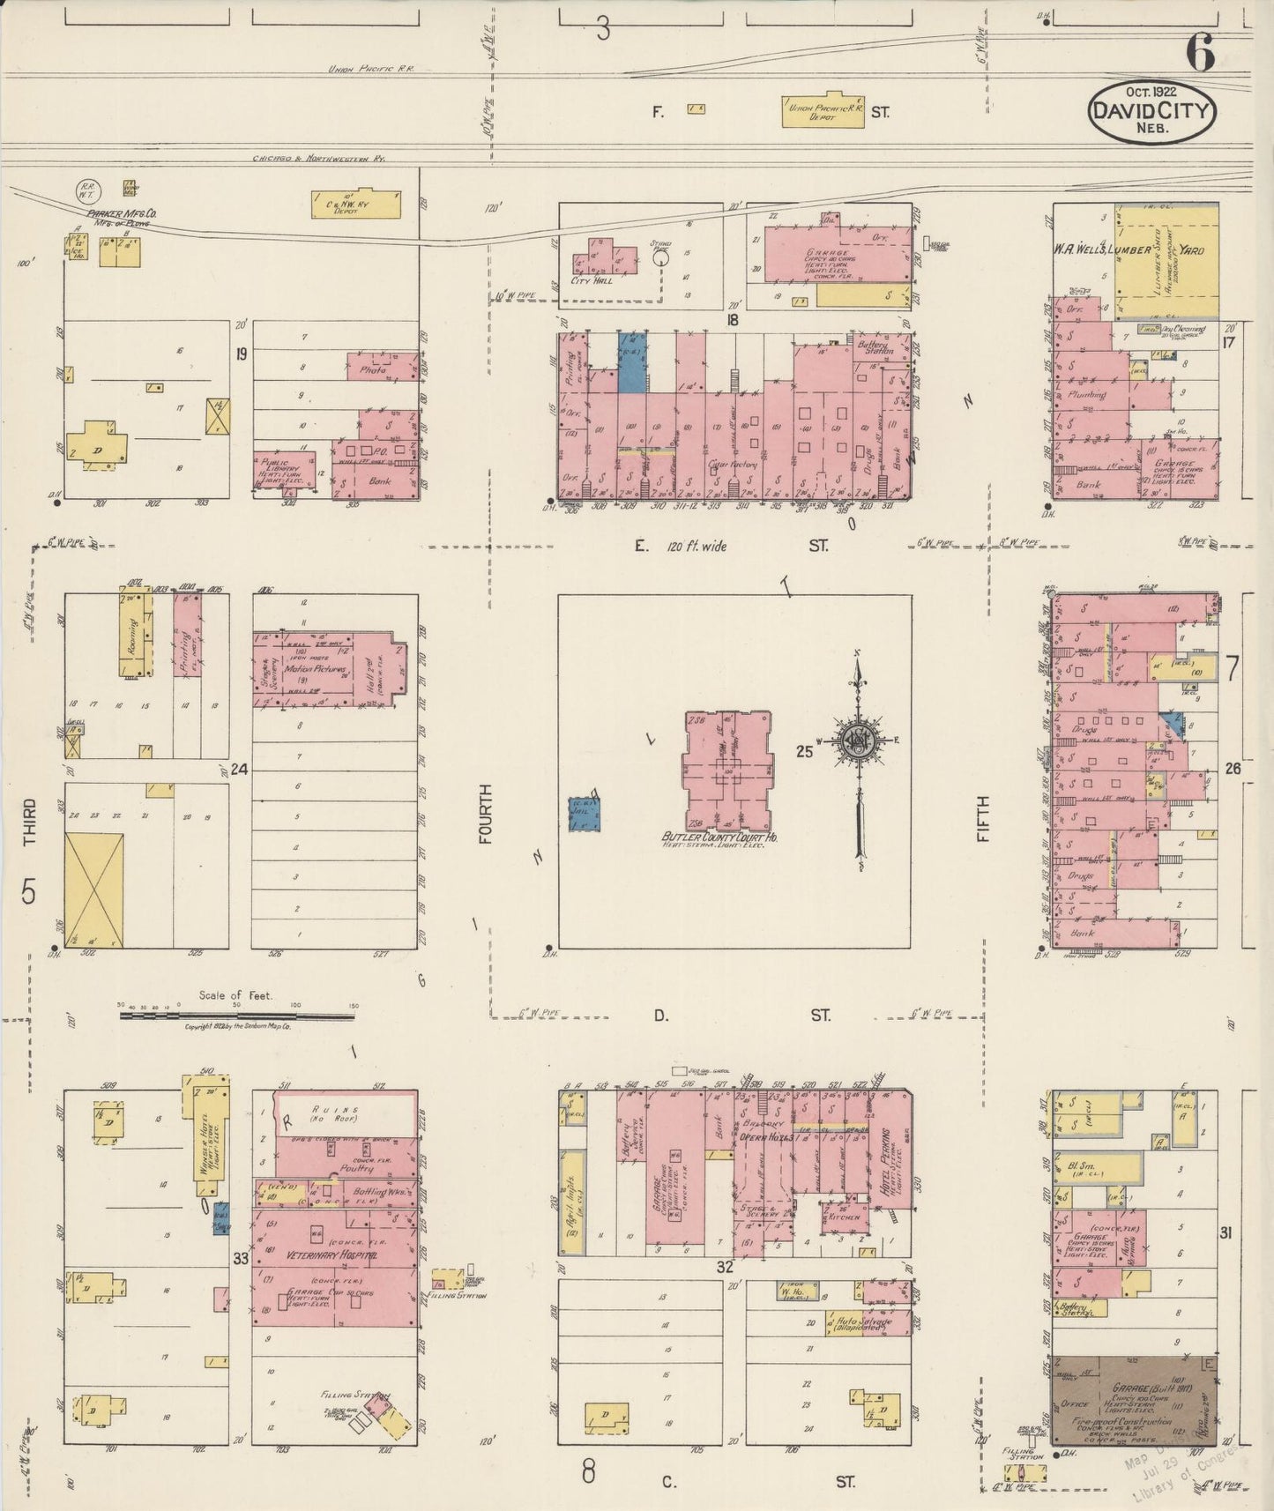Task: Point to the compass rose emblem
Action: coord(856,740)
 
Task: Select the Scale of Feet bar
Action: coord(236,1016)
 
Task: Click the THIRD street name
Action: coord(29,822)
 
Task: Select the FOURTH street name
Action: coord(484,815)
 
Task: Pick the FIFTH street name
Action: coord(983,819)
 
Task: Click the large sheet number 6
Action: coord(1200,54)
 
